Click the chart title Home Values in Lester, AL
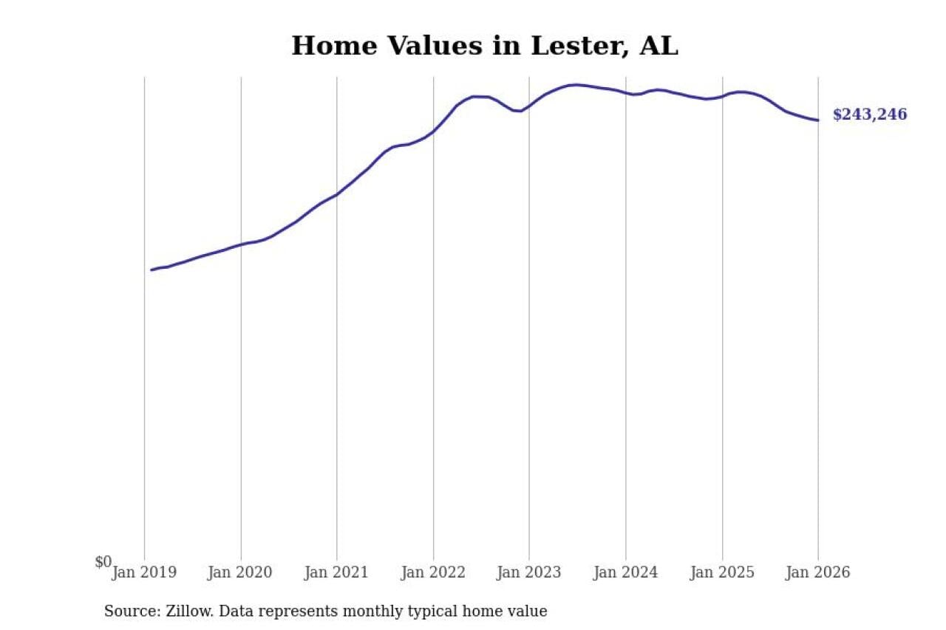[x=484, y=46]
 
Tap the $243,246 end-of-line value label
[x=869, y=114]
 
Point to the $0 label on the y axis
[x=103, y=562]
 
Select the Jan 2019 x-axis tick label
[x=145, y=572]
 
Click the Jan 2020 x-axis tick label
[x=240, y=572]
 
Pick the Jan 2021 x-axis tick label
[x=337, y=572]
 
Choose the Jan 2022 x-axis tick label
[x=433, y=572]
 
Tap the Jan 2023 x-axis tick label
[x=529, y=572]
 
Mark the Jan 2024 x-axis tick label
[x=625, y=572]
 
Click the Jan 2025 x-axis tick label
[x=722, y=572]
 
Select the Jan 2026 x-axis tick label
[x=818, y=572]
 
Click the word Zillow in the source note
[x=186, y=612]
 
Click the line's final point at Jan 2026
[x=818, y=120]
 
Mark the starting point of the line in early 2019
[x=152, y=270]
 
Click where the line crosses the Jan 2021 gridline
[x=337, y=194]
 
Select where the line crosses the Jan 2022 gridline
[x=433, y=131]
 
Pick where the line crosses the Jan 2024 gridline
[x=626, y=92]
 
